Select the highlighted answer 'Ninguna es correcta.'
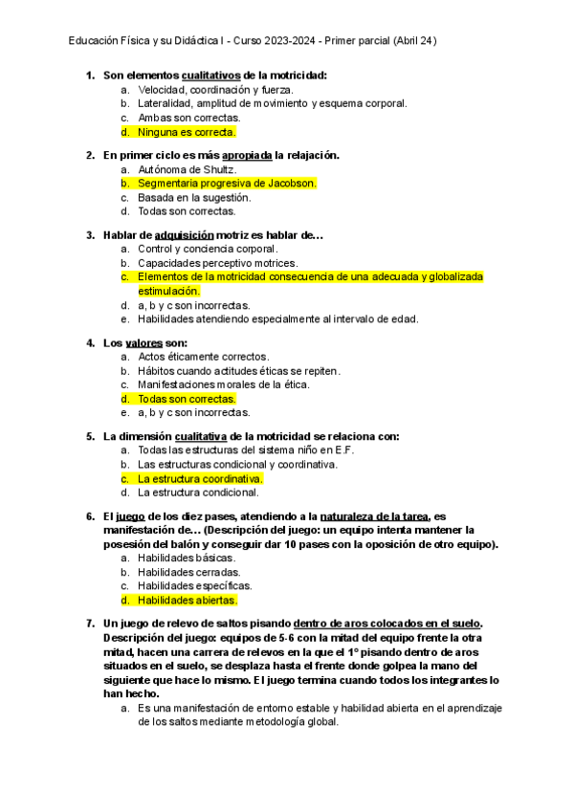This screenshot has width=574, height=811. pyautogui.click(x=187, y=132)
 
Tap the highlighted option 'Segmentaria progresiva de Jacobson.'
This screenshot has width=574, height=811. pyautogui.click(x=227, y=183)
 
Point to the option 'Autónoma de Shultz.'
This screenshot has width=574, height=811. pyautogui.click(x=187, y=168)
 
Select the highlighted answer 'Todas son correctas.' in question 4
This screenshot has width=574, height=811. pyautogui.click(x=187, y=399)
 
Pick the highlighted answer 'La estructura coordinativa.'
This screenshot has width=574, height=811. pyautogui.click(x=200, y=478)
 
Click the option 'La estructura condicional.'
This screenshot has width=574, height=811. pyautogui.click(x=198, y=493)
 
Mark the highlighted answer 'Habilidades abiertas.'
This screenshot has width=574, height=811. pyautogui.click(x=187, y=600)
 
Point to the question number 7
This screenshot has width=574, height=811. pyautogui.click(x=90, y=623)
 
